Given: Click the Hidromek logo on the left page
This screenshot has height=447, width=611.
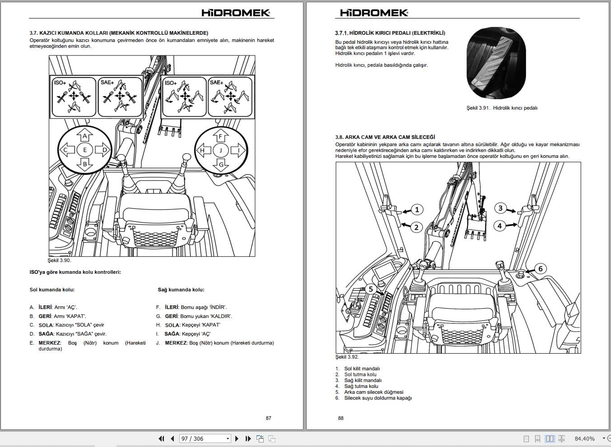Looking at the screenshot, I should [236, 13].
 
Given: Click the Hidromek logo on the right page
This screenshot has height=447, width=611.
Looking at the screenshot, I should [374, 13].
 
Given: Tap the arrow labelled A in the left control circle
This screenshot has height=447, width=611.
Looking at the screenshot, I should [84, 135].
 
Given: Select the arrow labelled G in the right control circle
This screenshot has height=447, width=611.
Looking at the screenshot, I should [221, 165].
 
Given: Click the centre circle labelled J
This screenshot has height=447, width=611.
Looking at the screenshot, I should [221, 150].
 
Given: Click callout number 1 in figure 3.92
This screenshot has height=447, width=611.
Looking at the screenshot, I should [417, 209].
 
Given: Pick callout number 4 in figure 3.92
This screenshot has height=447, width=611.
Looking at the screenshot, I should [499, 226].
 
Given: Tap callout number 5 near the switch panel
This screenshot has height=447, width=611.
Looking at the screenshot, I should [371, 289].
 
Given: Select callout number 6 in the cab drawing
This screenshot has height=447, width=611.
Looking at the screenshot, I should [540, 269].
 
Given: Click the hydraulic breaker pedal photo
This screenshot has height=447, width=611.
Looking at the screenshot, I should [496, 64].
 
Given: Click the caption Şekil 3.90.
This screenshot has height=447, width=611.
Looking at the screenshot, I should [59, 260].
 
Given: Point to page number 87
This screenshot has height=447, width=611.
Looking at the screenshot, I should [268, 418].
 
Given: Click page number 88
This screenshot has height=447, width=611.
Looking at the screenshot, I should [340, 418].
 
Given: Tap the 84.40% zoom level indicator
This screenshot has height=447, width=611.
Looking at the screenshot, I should [584, 438].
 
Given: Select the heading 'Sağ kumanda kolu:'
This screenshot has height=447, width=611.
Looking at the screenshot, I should [181, 290].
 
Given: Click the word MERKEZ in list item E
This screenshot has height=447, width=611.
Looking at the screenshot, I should [49, 343].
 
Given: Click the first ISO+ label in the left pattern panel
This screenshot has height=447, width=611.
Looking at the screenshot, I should [60, 83].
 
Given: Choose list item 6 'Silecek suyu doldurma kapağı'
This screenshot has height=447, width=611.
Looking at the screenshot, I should [378, 398].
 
